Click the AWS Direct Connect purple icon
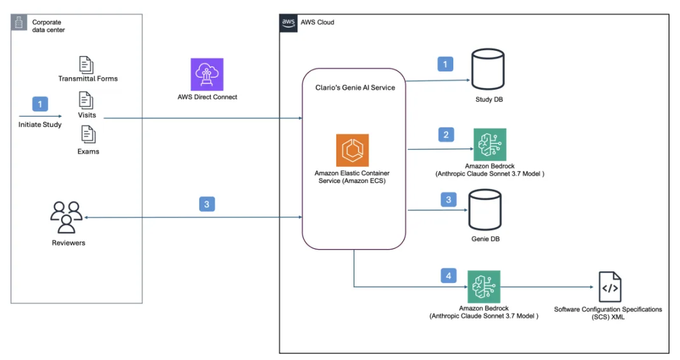pyautogui.click(x=207, y=75)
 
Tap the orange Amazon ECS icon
pyautogui.click(x=352, y=150)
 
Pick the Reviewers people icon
pyautogui.click(x=66, y=217)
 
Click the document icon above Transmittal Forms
pyautogui.click(x=86, y=64)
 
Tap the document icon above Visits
pyautogui.click(x=86, y=100)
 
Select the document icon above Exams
pyautogui.click(x=87, y=135)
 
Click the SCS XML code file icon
pyautogui.click(x=609, y=287)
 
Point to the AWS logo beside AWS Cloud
pyautogui.click(x=288, y=22)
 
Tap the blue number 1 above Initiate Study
pyautogui.click(x=39, y=103)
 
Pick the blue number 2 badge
pyautogui.click(x=446, y=134)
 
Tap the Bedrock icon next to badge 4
pyautogui.click(x=484, y=287)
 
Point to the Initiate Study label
pyautogui.click(x=39, y=125)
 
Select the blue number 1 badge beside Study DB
pyautogui.click(x=445, y=64)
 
